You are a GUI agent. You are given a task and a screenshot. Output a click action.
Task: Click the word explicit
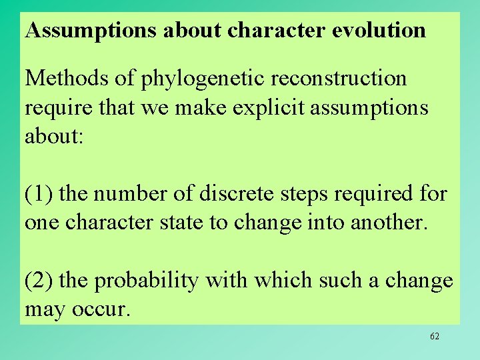coord(249,107)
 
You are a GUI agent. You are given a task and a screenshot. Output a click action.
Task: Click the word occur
coord(104,310)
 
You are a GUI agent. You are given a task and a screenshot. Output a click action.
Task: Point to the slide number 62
coord(435,336)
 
